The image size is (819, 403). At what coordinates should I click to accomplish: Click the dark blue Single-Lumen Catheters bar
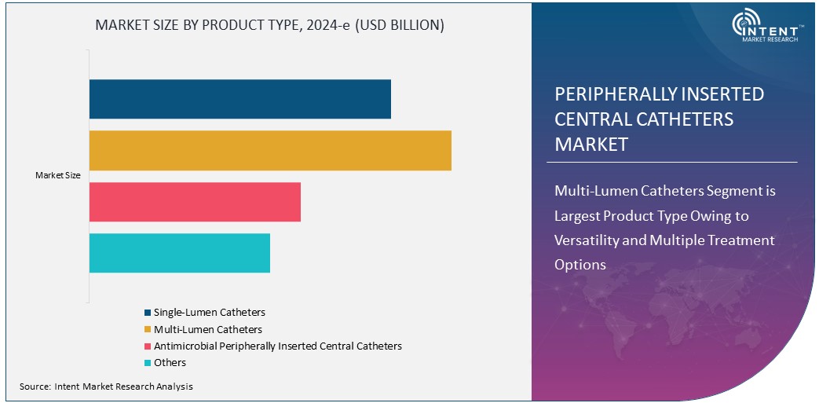[239, 99]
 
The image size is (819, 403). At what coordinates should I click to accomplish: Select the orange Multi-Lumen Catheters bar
[270, 150]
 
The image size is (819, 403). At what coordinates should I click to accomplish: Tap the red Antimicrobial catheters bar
[195, 202]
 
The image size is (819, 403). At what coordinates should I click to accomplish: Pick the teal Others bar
[179, 253]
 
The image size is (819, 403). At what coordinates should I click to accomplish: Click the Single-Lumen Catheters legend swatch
[148, 313]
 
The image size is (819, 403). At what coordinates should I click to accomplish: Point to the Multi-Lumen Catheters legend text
[208, 329]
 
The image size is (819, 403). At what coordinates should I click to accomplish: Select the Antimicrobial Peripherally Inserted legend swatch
[148, 346]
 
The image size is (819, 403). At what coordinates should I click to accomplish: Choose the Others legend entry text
[170, 363]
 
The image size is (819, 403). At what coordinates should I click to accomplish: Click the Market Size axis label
[58, 175]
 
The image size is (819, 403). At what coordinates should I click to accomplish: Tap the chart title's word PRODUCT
[239, 25]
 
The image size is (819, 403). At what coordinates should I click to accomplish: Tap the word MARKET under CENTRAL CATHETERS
[591, 145]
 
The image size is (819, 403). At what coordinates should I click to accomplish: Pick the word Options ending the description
[580, 265]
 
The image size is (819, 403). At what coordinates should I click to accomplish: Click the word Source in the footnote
[35, 387]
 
